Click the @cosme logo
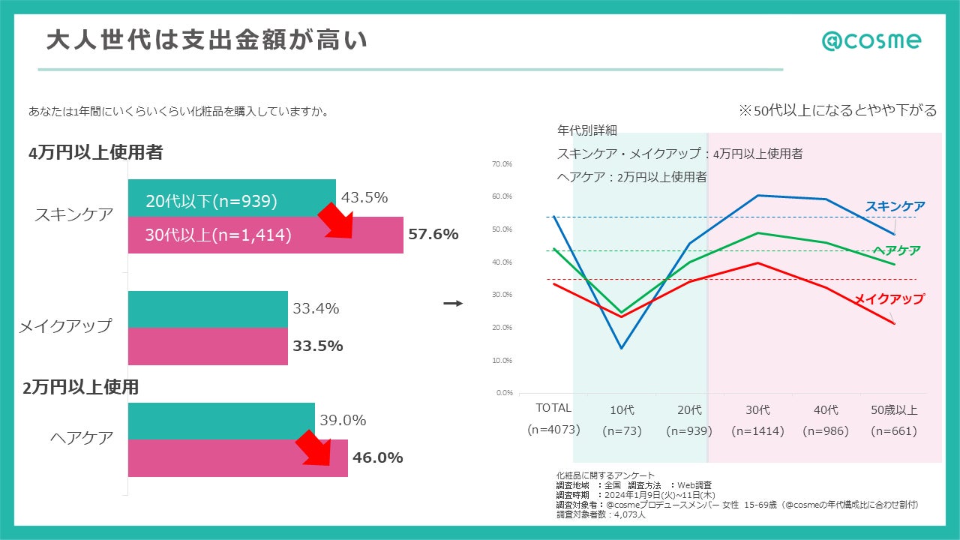tap(871, 40)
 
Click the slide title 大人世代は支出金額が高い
tap(207, 40)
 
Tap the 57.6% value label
tap(433, 234)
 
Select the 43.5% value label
tap(364, 198)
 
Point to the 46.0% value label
tap(378, 457)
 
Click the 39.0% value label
tap(343, 421)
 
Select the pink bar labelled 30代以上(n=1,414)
tap(265, 235)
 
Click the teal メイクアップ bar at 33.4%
tap(208, 309)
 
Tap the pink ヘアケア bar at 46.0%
tap(238, 457)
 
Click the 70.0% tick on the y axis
tap(502, 163)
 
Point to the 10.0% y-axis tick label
tap(502, 360)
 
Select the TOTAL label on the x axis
tap(553, 409)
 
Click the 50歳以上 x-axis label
tap(894, 410)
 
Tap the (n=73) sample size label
tap(621, 431)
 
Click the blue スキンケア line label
tap(895, 206)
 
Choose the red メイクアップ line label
tap(889, 298)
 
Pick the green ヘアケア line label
tap(896, 250)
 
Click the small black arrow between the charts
tap(453, 303)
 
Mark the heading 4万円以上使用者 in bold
tap(96, 152)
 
